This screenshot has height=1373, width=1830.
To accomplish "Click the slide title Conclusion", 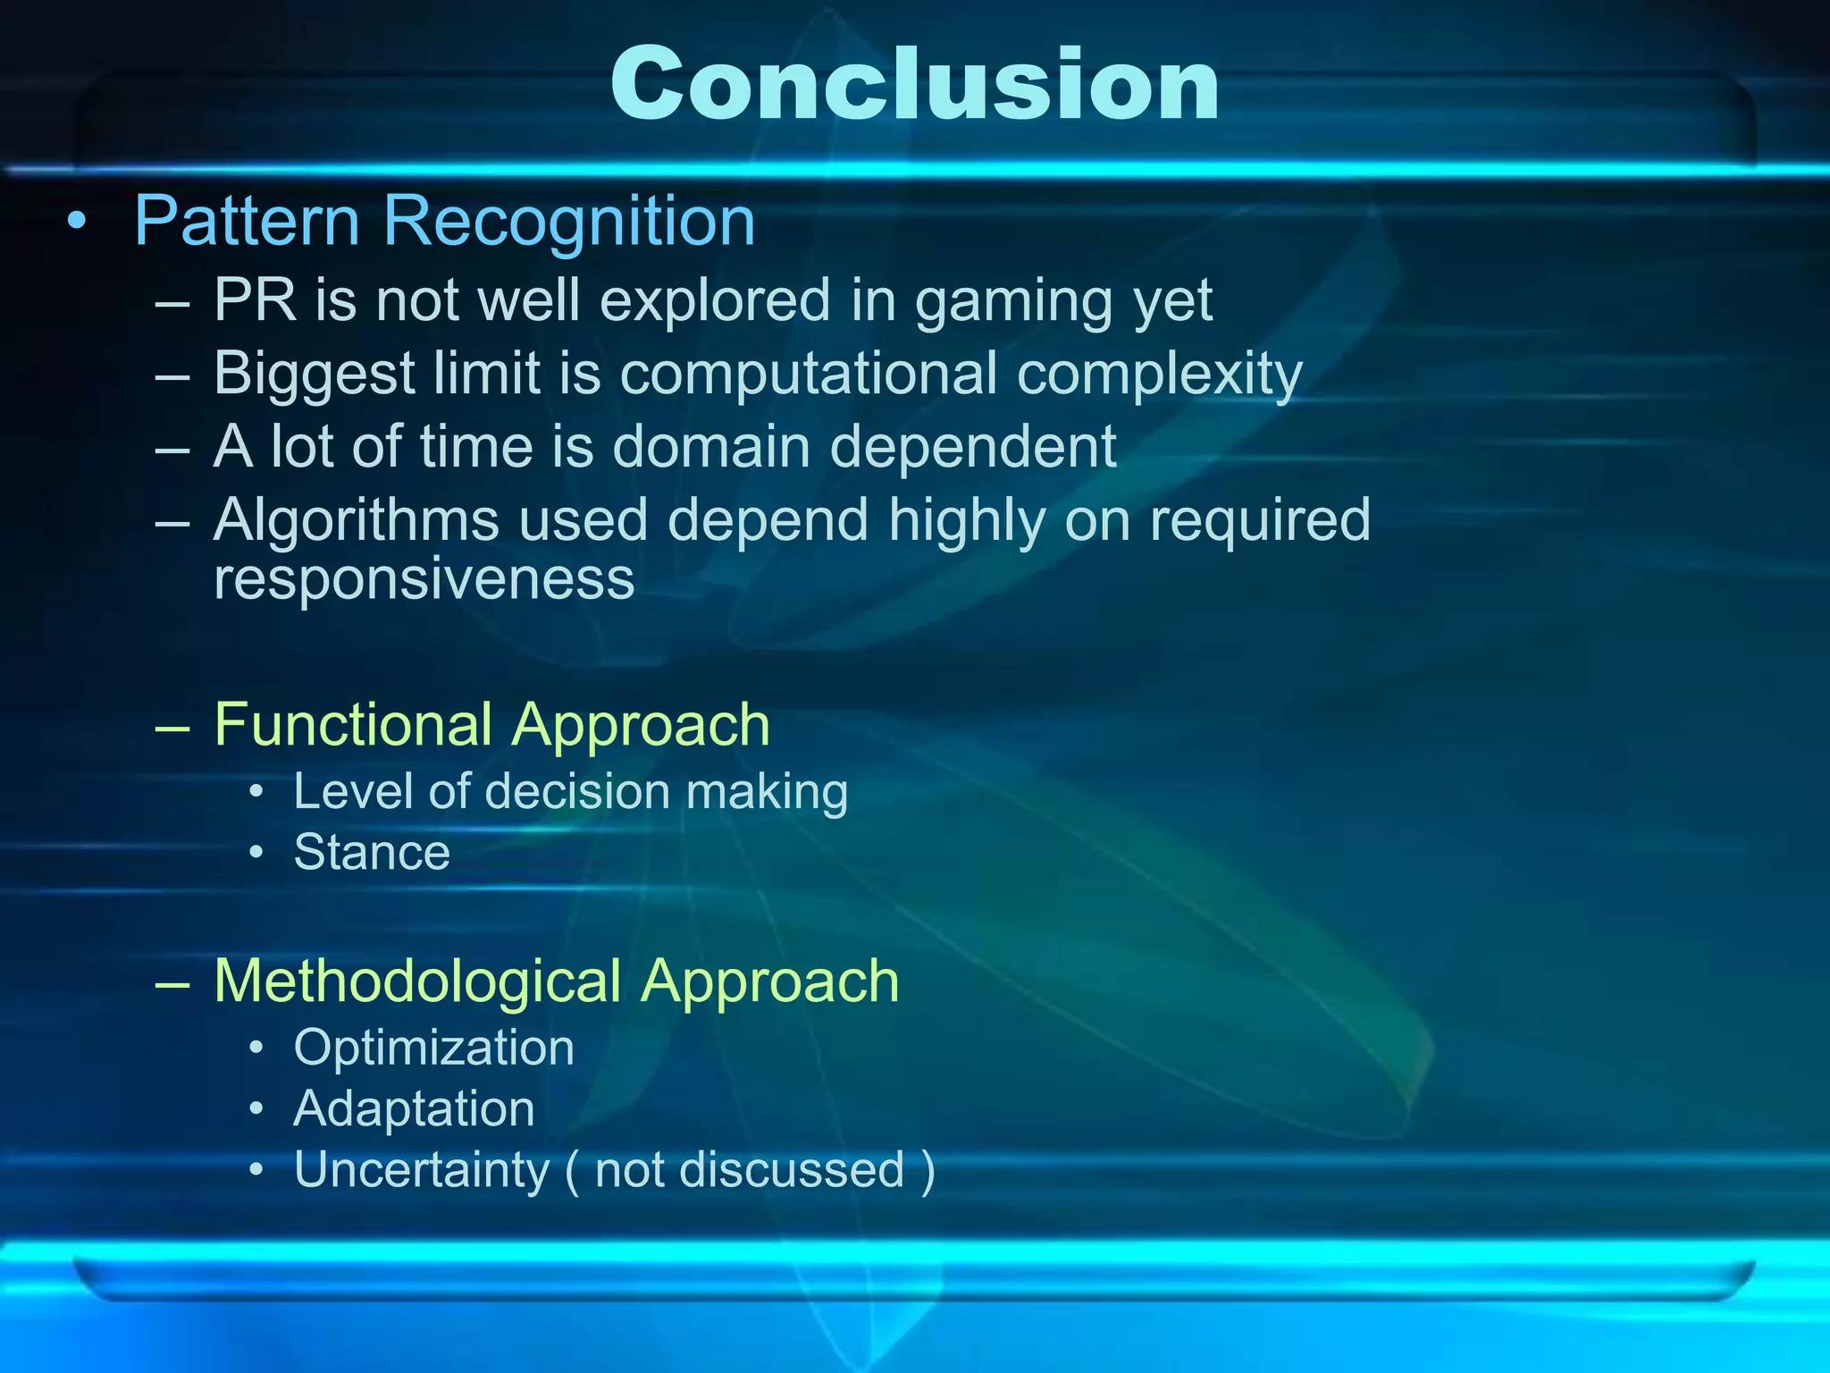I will coord(915,85).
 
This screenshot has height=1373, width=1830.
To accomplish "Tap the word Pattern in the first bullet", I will coord(247,221).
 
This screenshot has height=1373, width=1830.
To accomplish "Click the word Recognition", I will coord(569,221).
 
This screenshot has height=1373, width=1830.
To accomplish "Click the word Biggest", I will coord(314,374).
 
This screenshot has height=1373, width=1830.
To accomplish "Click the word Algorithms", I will coord(356,520).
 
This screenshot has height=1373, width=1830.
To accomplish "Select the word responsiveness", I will coord(424,579).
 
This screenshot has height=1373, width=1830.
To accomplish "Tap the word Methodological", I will coord(417,981).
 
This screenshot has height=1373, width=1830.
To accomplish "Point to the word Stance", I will coord(372,852).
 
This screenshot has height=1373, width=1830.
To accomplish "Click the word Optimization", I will coord(433,1048).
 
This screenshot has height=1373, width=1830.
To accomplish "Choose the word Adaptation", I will coord(414,1108).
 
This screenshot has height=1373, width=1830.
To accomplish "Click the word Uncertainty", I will coord(422,1169).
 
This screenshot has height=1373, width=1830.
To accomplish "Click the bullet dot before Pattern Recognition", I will coord(78,222).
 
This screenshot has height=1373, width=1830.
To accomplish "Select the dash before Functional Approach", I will coord(172,726).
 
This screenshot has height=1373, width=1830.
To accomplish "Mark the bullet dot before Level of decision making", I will coord(256,792).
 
